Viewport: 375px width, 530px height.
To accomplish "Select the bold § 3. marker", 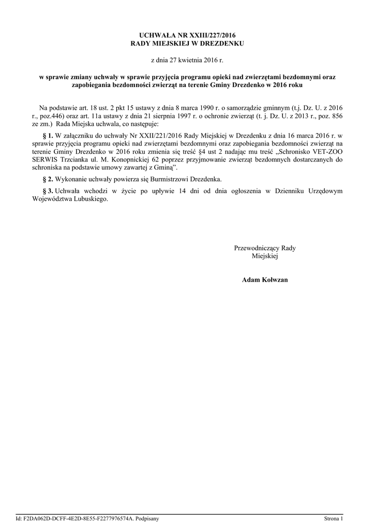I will (x=47, y=190).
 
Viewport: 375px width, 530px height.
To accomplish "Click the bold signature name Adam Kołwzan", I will (x=265, y=279).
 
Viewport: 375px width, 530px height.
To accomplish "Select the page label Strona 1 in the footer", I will (x=333, y=519).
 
